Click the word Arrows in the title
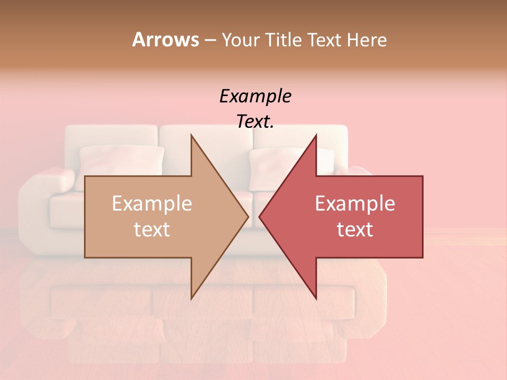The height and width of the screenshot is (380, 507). [165, 40]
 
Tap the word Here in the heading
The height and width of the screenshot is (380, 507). [367, 40]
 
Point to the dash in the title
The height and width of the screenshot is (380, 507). [210, 40]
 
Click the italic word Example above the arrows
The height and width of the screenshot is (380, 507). [255, 97]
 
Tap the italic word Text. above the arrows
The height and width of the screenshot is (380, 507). [255, 121]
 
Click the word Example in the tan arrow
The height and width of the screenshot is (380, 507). [152, 204]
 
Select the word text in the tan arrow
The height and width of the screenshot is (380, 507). [152, 230]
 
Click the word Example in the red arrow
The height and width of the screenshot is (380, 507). [355, 204]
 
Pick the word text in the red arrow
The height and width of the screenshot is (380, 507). [355, 230]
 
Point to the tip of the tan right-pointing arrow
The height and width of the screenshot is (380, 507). [248, 216]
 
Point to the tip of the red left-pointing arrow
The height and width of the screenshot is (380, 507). [260, 216]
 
